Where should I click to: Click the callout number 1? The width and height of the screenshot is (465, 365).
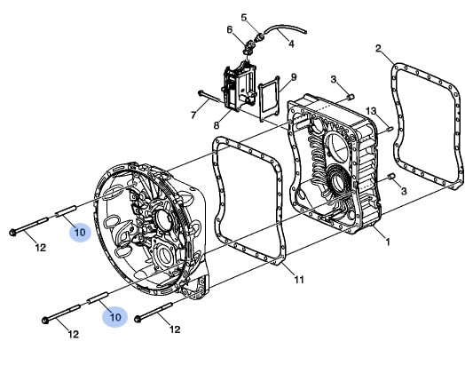pos(387,242)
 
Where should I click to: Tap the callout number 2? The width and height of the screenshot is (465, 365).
pos(378,48)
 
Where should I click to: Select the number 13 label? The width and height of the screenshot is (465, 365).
pos(370,111)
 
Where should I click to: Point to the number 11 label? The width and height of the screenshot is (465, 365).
pos(299,279)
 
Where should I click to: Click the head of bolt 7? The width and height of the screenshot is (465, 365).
pos(201,93)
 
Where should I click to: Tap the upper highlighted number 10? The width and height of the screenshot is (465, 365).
pos(80,232)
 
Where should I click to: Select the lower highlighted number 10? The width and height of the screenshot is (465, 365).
pos(115,317)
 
